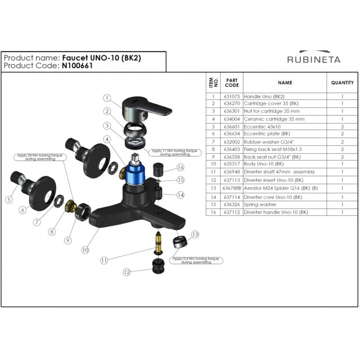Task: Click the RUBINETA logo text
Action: click(x=314, y=60)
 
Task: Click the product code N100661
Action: click(x=77, y=66)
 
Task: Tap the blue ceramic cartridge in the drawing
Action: click(x=136, y=172)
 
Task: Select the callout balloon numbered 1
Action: click(x=107, y=98)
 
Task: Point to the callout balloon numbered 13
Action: click(x=195, y=234)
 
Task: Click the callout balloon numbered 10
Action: click(x=85, y=250)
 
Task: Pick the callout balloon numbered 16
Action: click(x=180, y=167)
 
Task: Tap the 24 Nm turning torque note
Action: click(x=40, y=157)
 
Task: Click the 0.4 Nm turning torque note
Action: click(x=196, y=261)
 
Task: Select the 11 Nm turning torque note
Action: click(x=175, y=153)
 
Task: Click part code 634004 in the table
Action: click(x=232, y=119)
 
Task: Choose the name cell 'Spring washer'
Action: click(x=260, y=204)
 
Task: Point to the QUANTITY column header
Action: click(x=342, y=83)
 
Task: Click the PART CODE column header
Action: click(x=232, y=83)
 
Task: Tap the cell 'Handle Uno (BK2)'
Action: click(x=264, y=97)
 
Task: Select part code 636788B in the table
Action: click(x=232, y=188)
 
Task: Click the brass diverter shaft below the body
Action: click(x=158, y=243)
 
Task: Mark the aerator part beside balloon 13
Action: click(x=180, y=242)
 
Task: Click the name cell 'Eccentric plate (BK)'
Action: click(x=267, y=134)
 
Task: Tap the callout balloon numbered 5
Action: click(x=9, y=199)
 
